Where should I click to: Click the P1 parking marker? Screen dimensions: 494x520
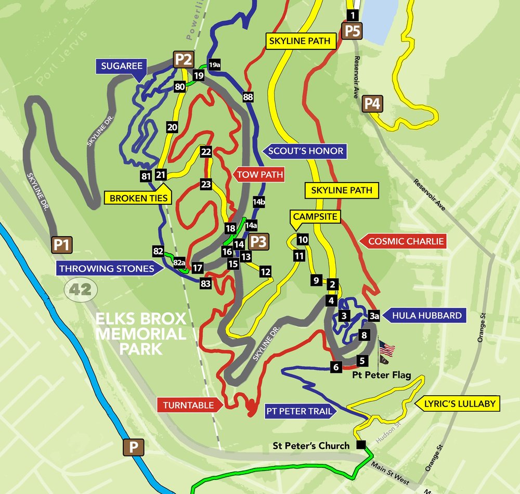(62, 244)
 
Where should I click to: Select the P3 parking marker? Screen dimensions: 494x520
(258, 242)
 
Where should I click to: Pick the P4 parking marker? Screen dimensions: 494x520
(372, 104)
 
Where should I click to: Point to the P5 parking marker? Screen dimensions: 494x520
(352, 31)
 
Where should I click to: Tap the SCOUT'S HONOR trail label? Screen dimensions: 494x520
(305, 151)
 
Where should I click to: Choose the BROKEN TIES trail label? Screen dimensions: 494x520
(138, 198)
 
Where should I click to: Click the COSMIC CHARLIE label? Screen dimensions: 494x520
(406, 241)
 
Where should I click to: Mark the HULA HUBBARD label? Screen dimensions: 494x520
(427, 315)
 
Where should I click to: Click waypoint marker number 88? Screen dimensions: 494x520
(248, 97)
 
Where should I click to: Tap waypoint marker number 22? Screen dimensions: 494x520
(206, 152)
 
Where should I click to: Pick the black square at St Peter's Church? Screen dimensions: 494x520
(360, 445)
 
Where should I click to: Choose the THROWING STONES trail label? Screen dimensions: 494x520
(106, 268)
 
